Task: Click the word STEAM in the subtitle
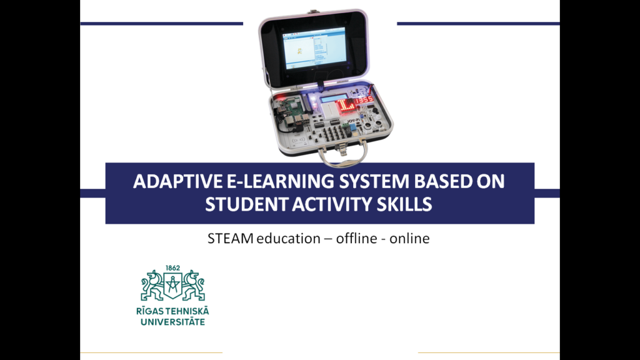pyautogui.click(x=230, y=238)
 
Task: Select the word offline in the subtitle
pyautogui.click(x=354, y=238)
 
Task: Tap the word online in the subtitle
pyautogui.click(x=409, y=238)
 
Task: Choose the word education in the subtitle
pyautogui.click(x=288, y=238)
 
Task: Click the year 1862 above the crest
pyautogui.click(x=172, y=268)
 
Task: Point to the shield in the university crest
pyautogui.click(x=172, y=284)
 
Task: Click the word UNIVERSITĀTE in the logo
pyautogui.click(x=172, y=322)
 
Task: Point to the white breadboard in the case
pyautogui.click(x=329, y=109)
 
